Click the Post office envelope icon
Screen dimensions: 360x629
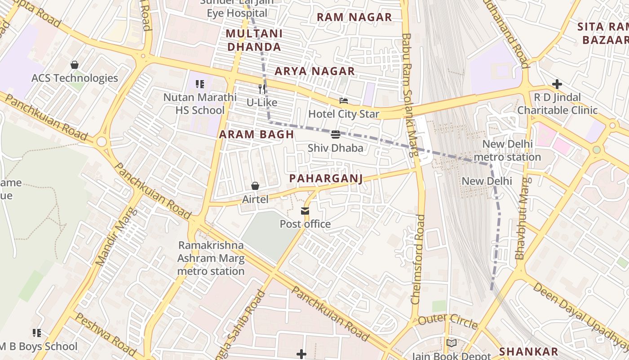tap(305, 211)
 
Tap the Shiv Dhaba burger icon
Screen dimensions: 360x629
tap(336, 135)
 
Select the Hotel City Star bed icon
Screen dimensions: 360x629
tap(344, 101)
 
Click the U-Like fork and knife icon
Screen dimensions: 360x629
tap(262, 89)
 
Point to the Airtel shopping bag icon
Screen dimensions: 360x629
tap(255, 186)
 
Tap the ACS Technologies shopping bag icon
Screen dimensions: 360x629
tap(75, 65)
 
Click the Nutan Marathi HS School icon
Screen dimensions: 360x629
tap(200, 84)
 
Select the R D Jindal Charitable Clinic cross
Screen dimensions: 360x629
tap(557, 84)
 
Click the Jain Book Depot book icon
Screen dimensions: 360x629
tap(452, 343)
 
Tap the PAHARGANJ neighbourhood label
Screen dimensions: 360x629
tap(326, 179)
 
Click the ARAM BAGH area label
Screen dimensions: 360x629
tap(257, 134)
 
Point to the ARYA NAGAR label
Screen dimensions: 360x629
tap(314, 71)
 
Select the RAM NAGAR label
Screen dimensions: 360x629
tap(354, 17)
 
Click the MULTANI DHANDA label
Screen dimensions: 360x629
tap(254, 40)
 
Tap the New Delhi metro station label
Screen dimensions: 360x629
tap(507, 151)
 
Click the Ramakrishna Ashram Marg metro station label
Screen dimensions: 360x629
tap(211, 258)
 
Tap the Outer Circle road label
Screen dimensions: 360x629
tap(447, 321)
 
